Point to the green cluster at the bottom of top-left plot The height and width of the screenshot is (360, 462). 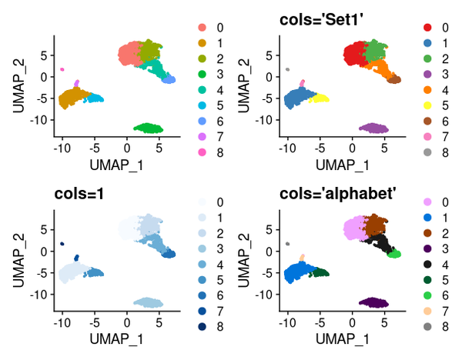[148, 128]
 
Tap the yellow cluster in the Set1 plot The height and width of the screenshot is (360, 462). [318, 98]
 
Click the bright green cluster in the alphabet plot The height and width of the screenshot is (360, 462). [395, 254]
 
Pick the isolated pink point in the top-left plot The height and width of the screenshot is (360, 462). [62, 69]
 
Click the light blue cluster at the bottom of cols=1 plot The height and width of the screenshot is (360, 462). [148, 302]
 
